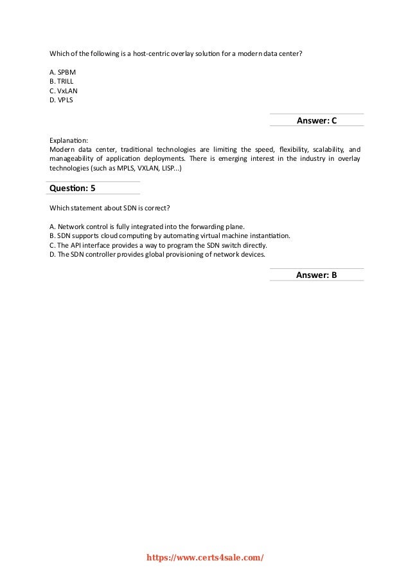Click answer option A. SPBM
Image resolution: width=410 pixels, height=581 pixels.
point(63,73)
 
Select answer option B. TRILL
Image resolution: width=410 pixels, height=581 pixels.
point(61,82)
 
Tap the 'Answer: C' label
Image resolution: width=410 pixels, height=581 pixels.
point(316,120)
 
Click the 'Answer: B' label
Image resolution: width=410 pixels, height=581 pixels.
point(316,275)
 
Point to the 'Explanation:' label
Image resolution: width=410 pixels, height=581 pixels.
point(69,139)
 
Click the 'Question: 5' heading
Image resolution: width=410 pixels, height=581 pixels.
point(73,188)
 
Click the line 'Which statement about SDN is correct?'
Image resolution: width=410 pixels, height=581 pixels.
point(109,208)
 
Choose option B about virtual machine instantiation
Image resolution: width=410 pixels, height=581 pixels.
point(170,235)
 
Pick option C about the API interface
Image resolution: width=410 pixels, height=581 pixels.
point(158,245)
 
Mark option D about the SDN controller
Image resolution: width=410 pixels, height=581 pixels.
point(157,254)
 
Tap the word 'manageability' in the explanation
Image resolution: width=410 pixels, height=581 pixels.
point(71,158)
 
